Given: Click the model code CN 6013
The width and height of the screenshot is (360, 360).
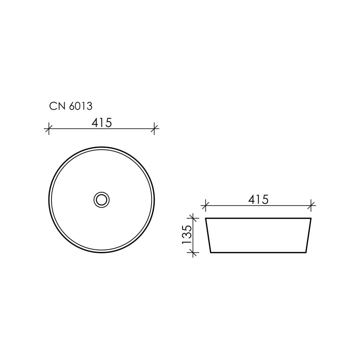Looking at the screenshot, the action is click(x=71, y=106).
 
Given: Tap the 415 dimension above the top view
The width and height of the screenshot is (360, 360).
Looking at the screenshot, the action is click(x=102, y=123).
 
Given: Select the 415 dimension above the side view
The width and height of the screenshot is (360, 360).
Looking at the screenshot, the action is click(x=258, y=199).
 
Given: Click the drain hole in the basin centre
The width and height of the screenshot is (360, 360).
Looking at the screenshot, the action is click(x=102, y=200).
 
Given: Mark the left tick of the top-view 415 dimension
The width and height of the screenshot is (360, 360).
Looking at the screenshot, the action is click(x=49, y=129).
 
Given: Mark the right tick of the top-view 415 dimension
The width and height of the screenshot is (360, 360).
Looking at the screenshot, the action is click(x=154, y=129).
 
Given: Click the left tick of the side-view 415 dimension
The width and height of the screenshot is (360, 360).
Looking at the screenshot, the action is click(x=205, y=206).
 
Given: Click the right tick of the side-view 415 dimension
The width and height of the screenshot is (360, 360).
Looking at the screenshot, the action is click(x=311, y=206).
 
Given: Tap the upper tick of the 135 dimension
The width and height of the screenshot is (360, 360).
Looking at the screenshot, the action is click(x=193, y=218).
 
